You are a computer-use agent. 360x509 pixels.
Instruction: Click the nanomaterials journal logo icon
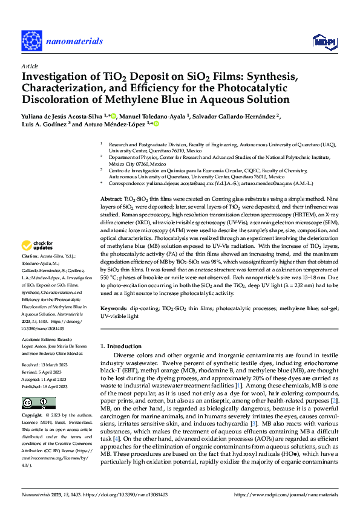click(x=31, y=41)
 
